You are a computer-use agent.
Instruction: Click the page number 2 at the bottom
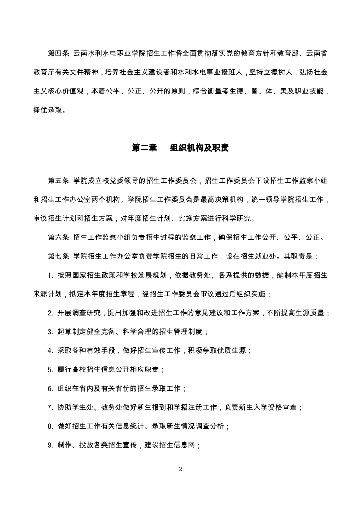coord(180,469)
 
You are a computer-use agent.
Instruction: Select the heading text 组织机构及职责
coord(199,148)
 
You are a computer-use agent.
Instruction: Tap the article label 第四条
coord(58,54)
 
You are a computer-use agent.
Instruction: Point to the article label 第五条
coord(58,181)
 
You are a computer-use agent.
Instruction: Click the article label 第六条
coord(58,237)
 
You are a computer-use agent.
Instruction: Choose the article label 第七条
coord(58,256)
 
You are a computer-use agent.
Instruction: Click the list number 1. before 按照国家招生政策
coord(50,275)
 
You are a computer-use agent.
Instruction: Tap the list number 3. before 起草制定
coord(50,332)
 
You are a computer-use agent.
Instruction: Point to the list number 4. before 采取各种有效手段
coord(50,351)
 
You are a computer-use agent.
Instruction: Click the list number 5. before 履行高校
coord(50,369)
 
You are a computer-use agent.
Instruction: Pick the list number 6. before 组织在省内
coord(50,388)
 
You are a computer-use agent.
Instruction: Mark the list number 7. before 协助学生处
coord(50,407)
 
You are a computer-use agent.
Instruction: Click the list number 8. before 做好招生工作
coord(50,426)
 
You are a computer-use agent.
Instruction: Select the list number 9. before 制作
coord(50,445)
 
